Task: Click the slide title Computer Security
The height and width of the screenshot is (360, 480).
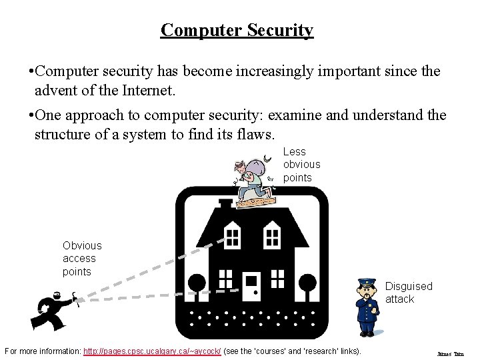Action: point(237,30)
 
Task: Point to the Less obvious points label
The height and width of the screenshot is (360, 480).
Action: point(301,165)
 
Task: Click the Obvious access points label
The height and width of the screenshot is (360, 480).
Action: point(82,259)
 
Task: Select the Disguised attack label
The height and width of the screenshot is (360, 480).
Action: point(408,293)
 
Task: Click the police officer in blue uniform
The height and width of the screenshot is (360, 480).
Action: point(367,307)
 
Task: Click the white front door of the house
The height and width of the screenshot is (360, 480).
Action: point(252,287)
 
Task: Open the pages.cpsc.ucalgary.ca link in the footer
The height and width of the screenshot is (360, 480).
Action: point(152,351)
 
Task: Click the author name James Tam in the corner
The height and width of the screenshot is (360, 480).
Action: point(450,354)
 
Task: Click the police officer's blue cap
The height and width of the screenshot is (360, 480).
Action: point(367,282)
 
